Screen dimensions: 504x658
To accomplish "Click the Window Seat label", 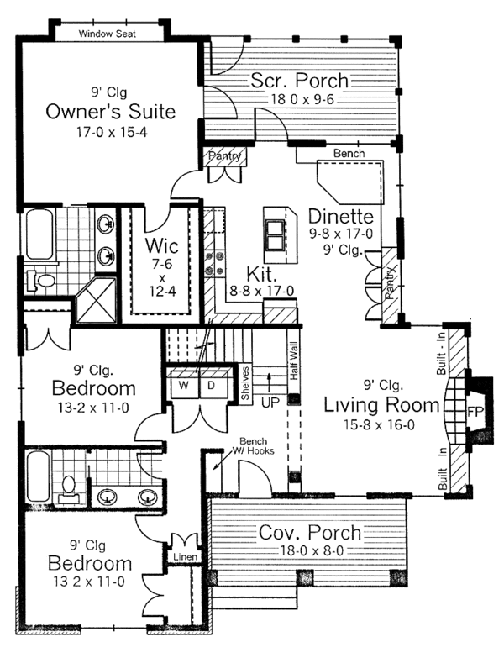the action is click(x=108, y=34).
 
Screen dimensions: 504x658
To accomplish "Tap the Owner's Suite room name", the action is click(x=110, y=112).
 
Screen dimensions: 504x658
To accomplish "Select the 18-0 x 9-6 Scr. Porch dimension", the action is click(x=302, y=99).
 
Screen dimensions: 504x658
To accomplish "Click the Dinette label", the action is click(x=340, y=217).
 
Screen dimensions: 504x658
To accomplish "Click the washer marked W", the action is click(x=183, y=385).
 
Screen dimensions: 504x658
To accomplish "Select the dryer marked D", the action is click(x=211, y=385).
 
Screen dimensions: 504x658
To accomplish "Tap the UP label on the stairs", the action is click(x=270, y=403).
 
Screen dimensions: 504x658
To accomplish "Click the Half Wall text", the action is click(x=293, y=361).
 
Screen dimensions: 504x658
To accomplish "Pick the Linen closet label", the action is click(x=186, y=557).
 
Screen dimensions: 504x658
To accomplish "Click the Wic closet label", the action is click(x=161, y=246).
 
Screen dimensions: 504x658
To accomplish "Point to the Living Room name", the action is click(x=381, y=405).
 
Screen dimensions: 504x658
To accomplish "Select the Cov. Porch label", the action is click(x=310, y=533).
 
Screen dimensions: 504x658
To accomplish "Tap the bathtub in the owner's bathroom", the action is click(x=39, y=234).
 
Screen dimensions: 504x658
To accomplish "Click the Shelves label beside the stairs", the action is click(x=245, y=383).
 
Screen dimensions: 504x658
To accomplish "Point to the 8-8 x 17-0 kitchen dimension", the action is click(x=261, y=291).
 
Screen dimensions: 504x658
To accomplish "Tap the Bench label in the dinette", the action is click(x=349, y=153).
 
